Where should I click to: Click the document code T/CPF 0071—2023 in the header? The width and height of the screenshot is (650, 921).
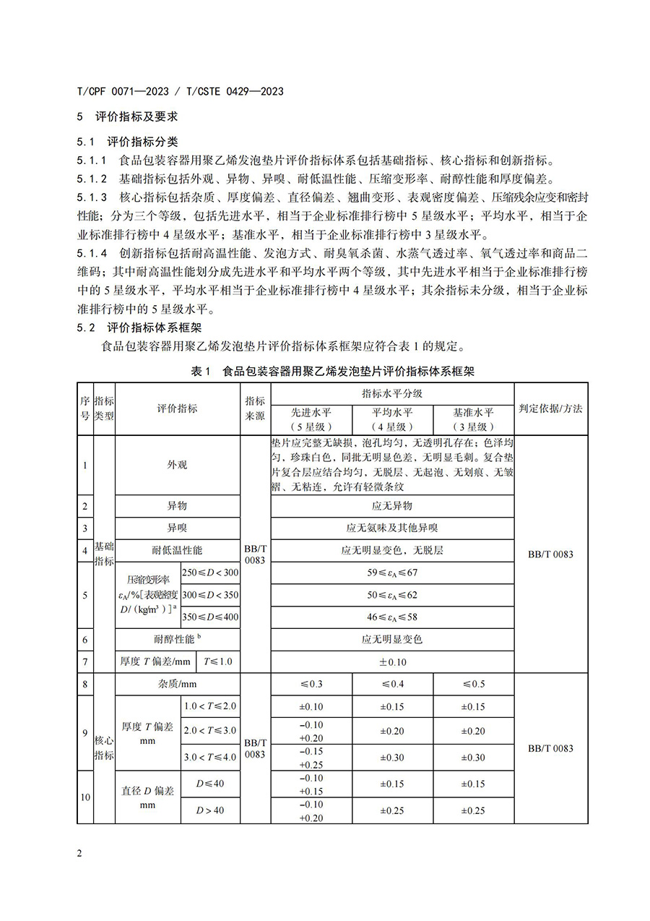122,92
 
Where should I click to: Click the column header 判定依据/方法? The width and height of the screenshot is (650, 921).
550,408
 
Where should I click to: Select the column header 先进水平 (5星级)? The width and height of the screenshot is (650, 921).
311,419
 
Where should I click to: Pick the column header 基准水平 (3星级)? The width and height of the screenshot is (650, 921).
473,419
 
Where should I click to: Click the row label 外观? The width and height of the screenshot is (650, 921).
177,465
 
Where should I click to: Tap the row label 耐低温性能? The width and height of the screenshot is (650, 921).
177,550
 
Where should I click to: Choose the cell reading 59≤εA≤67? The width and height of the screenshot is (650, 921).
392,573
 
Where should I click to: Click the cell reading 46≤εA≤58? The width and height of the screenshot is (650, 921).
392,617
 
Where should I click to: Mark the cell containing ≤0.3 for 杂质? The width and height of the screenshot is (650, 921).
311,684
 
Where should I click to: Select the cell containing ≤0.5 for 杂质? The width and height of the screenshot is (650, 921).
473,684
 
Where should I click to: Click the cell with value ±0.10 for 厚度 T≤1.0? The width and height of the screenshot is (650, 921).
392,662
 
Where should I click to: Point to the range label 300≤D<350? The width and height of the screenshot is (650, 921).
210,595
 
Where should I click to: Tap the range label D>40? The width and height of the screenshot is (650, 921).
210,810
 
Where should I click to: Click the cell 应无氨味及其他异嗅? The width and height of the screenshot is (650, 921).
392,528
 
